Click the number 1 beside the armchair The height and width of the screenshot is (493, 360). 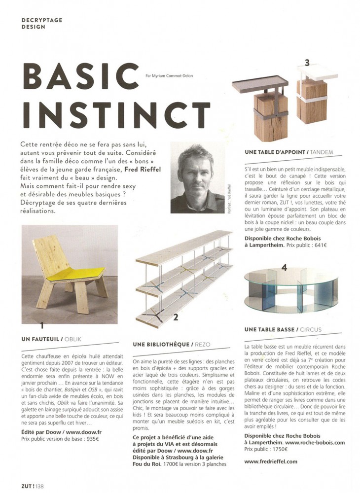pyautogui.click(x=42, y=325)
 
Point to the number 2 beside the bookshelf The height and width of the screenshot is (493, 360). pyautogui.click(x=175, y=318)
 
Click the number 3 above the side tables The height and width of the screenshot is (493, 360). pyautogui.click(x=307, y=63)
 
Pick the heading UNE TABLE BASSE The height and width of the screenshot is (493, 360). pyautogui.click(x=270, y=329)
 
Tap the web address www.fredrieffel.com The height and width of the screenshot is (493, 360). pyautogui.click(x=271, y=461)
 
